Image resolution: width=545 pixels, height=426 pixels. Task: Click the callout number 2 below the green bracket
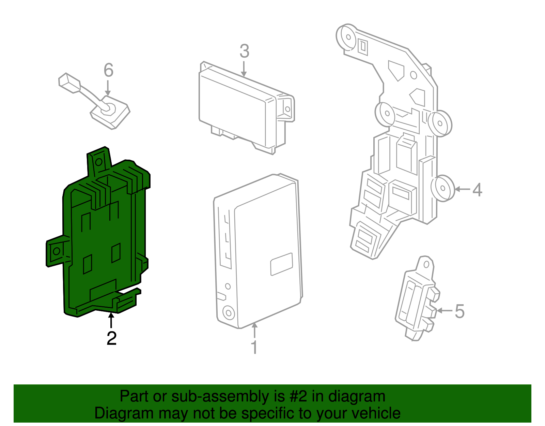point(111,338)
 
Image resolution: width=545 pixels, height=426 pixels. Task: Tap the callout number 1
point(254,347)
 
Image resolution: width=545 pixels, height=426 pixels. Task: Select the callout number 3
point(244,51)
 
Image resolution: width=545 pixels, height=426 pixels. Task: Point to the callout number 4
point(477,190)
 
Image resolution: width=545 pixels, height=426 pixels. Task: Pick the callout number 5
point(460,311)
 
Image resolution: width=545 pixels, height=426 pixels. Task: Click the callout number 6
point(108,70)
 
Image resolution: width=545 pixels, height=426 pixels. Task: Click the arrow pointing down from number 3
point(244,70)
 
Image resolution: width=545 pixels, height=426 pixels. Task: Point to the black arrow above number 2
point(111,320)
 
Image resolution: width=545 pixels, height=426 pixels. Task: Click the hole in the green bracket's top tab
point(99,162)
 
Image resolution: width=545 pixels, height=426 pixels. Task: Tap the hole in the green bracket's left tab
point(57,251)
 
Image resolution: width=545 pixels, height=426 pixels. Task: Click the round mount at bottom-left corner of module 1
point(228,312)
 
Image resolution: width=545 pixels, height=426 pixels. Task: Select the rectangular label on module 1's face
point(281,264)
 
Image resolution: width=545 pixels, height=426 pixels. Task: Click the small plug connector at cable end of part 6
point(69,83)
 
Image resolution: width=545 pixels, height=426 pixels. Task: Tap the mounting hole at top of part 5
point(426,264)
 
